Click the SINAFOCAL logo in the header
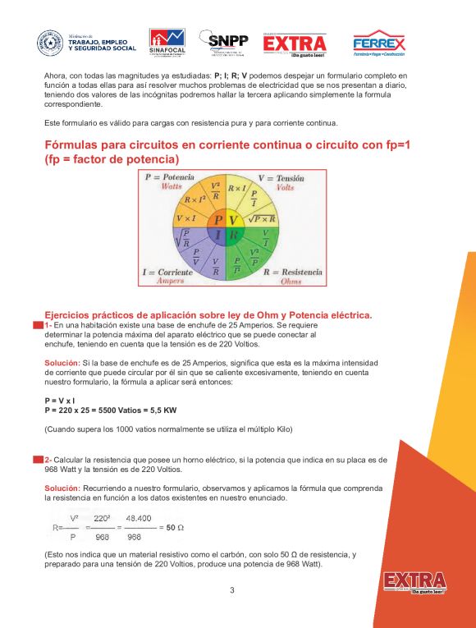coord(167,44)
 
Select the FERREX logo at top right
coord(378,44)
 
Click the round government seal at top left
coord(49,44)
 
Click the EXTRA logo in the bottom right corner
coord(414,582)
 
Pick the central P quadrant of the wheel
coord(218,220)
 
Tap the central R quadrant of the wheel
coord(233,235)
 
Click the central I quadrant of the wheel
coord(218,235)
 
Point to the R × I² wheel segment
coord(195,199)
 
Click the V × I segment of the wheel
coord(186,219)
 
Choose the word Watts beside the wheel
coord(172,186)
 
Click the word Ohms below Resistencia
coord(291,281)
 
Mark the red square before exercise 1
coord(37,326)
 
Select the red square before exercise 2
coord(37,459)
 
